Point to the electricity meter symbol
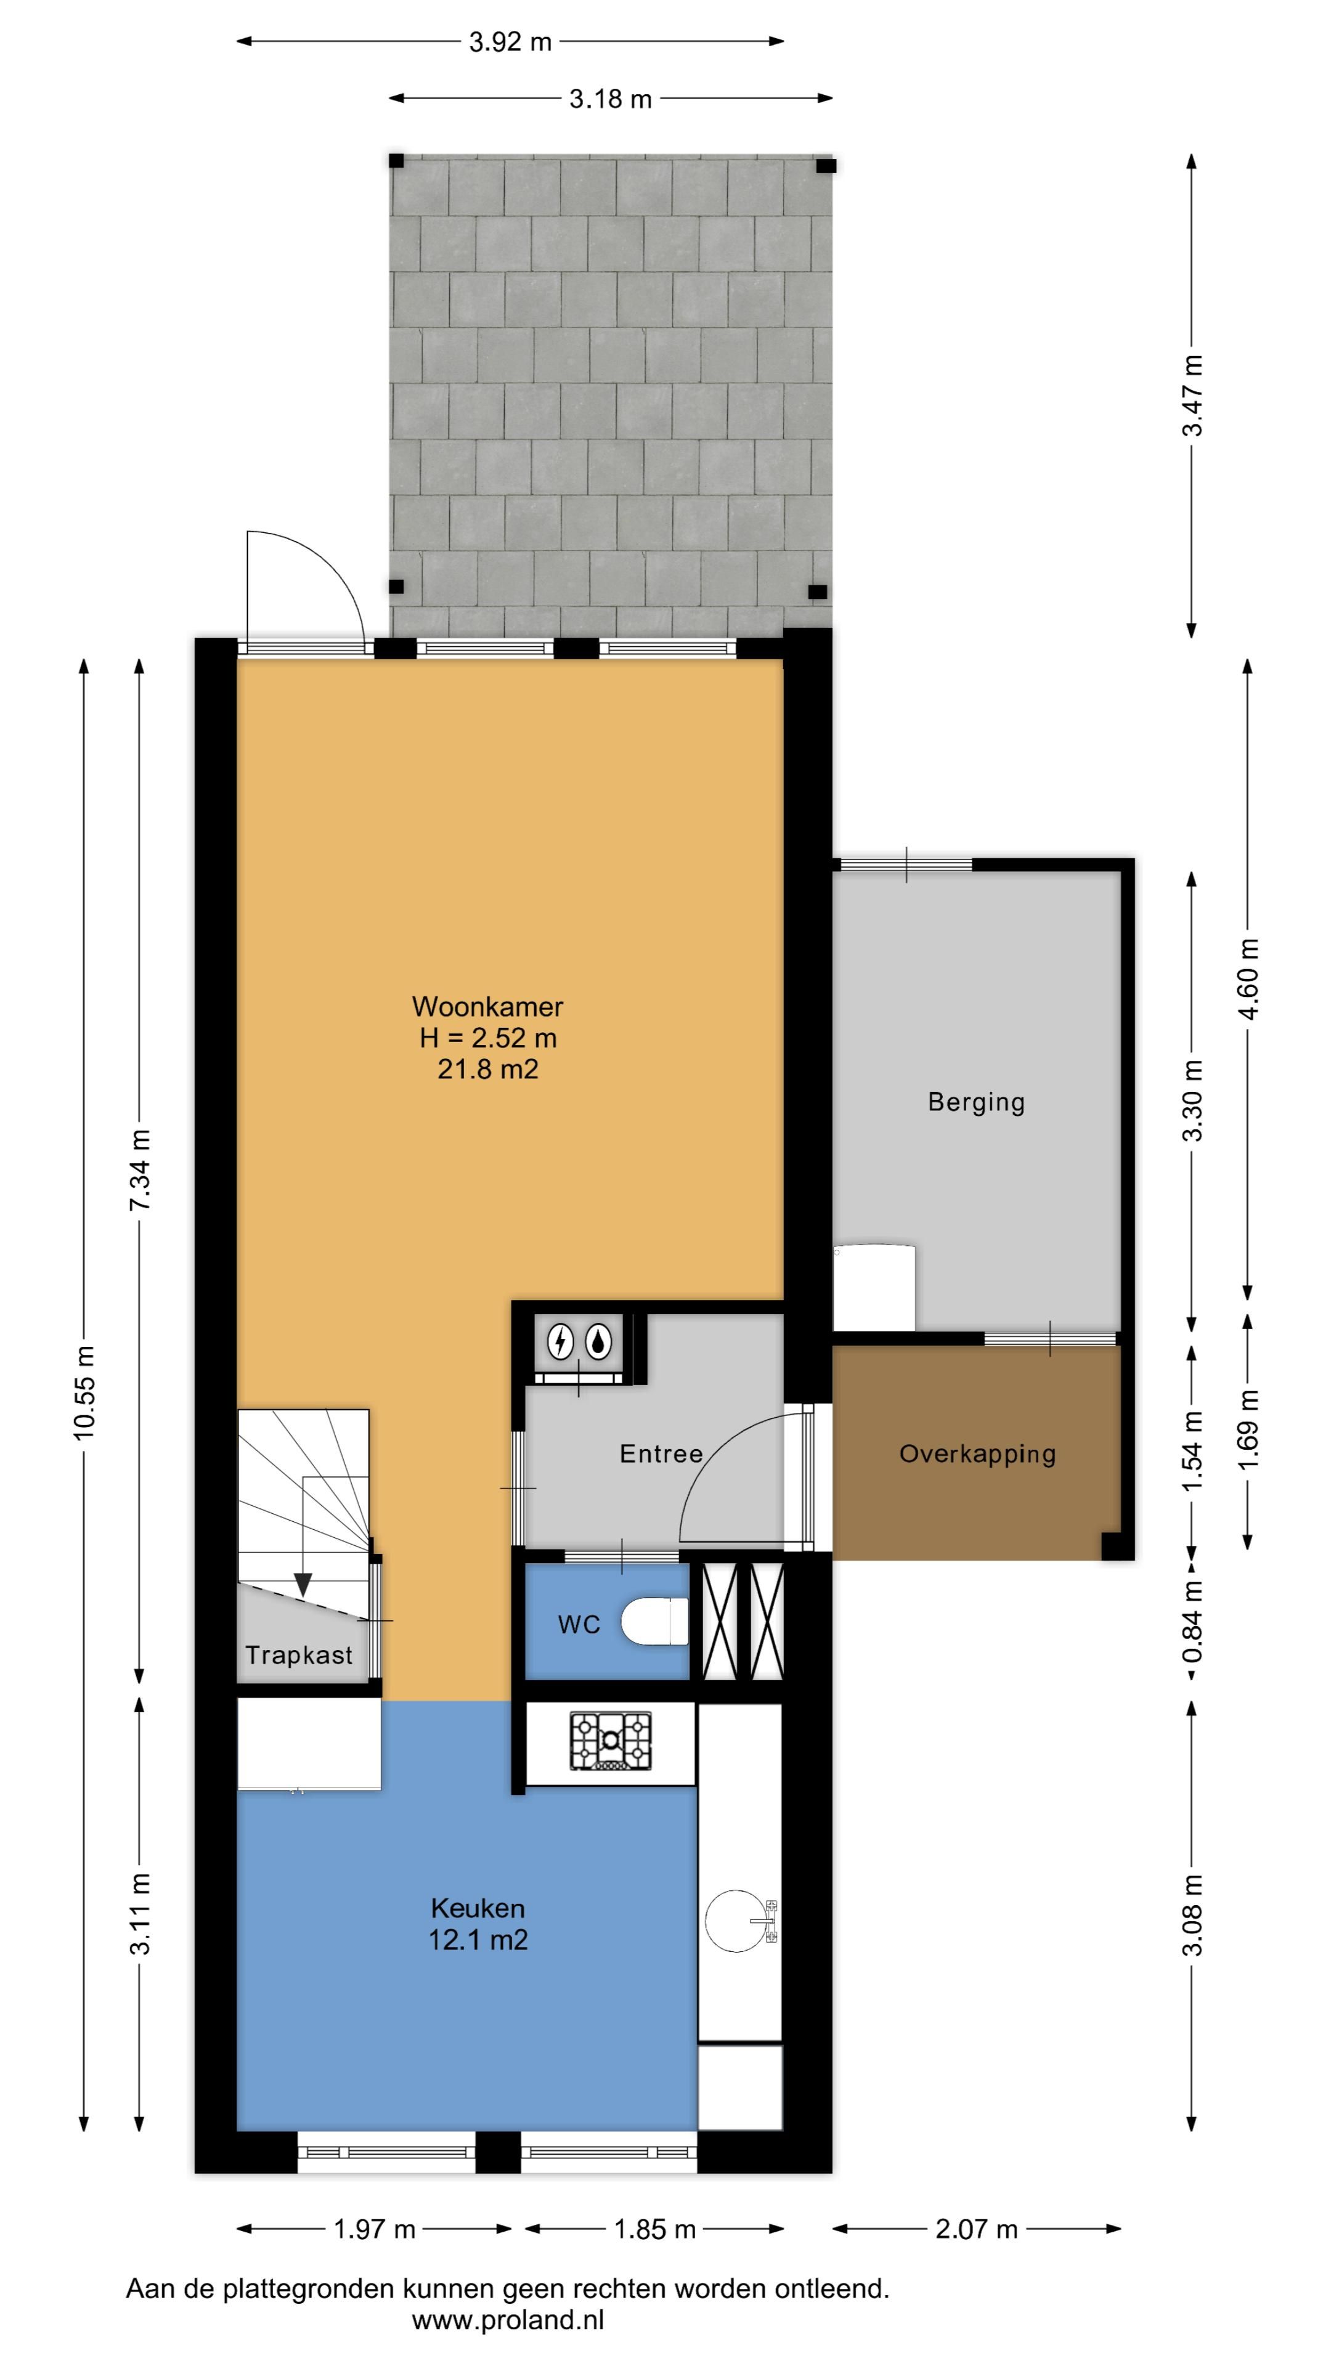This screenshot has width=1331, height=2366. pos(560,1342)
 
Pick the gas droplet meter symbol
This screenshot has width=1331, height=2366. pos(600,1342)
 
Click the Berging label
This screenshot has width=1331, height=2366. pos(975,1102)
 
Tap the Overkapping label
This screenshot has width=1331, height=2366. pos(977,1454)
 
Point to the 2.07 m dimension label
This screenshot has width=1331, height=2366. pos(977,2229)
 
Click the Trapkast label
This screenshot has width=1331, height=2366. pos(298,1655)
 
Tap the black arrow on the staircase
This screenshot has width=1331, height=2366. pos(302,1583)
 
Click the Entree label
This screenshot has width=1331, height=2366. pos(661,1454)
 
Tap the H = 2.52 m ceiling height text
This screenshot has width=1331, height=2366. pos(488,1038)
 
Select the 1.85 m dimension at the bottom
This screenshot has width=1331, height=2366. pos(654,2229)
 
